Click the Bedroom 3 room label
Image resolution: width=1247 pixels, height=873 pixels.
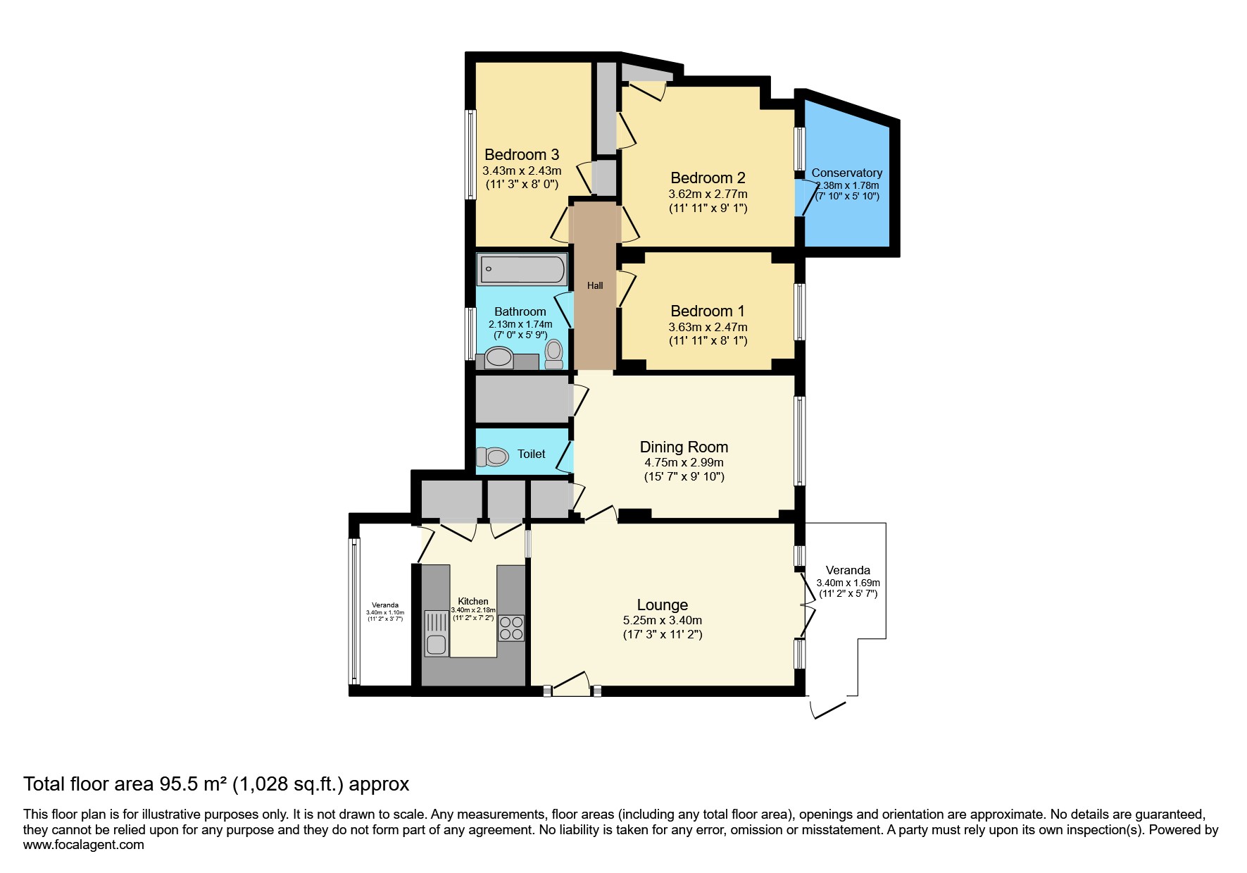point(522,154)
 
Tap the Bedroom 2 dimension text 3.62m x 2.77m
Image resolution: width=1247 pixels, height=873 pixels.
point(708,194)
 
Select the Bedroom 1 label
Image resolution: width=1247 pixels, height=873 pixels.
point(708,311)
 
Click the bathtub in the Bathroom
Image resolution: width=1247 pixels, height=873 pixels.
point(522,270)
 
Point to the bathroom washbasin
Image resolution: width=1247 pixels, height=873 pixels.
point(499,358)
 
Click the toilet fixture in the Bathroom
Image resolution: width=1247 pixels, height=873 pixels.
point(554,354)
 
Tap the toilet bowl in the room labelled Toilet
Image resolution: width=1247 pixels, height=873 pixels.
point(494,457)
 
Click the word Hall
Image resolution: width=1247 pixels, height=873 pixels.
point(595,285)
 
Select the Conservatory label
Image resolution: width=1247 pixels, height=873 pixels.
point(846,173)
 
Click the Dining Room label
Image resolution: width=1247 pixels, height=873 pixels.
point(684,447)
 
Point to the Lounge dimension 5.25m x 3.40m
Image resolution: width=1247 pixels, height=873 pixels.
point(663,621)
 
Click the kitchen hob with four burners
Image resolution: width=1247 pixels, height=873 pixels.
point(511,628)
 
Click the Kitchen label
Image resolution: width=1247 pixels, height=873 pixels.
point(473,601)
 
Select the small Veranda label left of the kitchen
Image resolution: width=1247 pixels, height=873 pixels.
point(385,605)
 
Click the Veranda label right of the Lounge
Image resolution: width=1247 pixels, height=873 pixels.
point(848,570)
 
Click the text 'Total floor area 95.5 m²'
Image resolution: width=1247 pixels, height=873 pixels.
point(125,784)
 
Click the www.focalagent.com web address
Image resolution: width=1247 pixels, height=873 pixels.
point(84,845)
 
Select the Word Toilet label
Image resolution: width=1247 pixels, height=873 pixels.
point(531,454)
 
